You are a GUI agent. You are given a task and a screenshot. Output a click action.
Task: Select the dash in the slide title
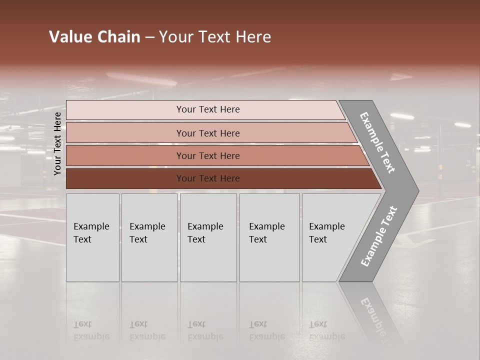pos(150,37)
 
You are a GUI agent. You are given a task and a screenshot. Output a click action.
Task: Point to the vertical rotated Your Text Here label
pos(57,143)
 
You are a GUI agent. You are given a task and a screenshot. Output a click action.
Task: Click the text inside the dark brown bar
pos(208,178)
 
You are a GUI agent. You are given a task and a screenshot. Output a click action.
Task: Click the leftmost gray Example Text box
pos(92,237)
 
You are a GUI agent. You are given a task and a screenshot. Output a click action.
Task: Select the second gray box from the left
pos(149,237)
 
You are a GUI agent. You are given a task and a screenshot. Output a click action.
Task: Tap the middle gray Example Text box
pos(208,237)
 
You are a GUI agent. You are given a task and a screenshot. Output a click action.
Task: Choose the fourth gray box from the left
pos(269,237)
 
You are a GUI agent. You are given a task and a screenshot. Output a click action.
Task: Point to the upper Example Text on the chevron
pos(377,142)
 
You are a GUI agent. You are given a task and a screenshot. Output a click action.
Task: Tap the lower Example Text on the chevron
pos(378,236)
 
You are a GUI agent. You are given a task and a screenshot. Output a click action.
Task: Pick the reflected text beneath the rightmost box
pos(326,330)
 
